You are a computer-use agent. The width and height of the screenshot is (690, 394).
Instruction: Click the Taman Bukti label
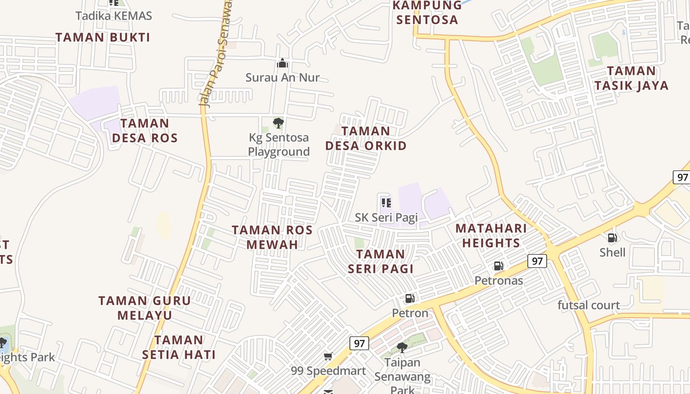103,37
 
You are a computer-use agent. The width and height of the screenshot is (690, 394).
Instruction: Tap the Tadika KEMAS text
113,16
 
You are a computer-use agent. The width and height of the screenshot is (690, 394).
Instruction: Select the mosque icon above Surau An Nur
282,63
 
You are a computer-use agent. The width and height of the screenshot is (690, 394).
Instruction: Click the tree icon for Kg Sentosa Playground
278,123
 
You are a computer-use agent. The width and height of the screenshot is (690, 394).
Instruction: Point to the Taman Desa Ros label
144,131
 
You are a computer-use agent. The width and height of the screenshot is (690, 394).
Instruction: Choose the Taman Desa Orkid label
366,138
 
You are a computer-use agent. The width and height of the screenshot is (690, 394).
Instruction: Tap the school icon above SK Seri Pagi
386,202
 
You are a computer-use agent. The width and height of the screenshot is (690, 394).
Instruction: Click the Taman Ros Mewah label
272,237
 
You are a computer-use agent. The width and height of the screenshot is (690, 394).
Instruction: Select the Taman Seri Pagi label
380,261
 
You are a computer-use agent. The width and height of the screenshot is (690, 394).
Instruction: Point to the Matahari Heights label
491,235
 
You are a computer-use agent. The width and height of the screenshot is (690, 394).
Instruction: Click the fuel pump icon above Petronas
499,266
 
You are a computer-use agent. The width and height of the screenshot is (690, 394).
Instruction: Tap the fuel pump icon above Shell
612,238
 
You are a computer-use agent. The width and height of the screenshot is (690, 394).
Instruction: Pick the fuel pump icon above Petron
410,298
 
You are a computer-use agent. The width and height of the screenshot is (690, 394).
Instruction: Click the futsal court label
588,305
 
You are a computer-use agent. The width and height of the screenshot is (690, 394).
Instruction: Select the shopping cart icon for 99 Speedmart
328,356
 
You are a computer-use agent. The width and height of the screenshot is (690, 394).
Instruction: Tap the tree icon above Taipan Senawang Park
402,347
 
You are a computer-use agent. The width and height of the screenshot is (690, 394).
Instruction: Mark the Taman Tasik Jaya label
631,78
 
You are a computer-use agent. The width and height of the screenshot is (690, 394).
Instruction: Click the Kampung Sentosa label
427,13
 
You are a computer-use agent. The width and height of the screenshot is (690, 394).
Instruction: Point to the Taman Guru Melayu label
144,308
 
